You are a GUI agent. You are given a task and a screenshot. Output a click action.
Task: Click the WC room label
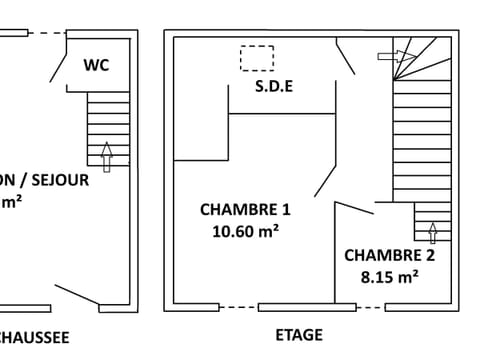pyautogui.click(x=96, y=66)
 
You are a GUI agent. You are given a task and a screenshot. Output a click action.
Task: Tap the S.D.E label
pyautogui.click(x=274, y=86)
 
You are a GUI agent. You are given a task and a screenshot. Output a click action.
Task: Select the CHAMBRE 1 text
pyautogui.click(x=245, y=210)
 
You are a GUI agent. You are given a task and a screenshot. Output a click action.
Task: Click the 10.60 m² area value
pyautogui.click(x=245, y=231)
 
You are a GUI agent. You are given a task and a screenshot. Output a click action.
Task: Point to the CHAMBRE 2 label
pyautogui.click(x=389, y=255)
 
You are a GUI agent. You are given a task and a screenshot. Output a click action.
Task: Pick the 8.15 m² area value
pyautogui.click(x=389, y=277)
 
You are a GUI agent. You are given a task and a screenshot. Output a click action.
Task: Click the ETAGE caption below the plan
pyautogui.click(x=299, y=335)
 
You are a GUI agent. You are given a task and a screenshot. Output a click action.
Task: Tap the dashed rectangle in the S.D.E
pyautogui.click(x=257, y=58)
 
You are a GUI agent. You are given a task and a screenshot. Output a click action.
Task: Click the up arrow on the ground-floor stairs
pyautogui.click(x=107, y=154)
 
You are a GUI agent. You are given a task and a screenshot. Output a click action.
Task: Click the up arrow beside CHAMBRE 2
pyautogui.click(x=432, y=233)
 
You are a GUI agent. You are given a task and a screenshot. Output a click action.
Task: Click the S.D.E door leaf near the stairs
pyautogui.click(x=346, y=56)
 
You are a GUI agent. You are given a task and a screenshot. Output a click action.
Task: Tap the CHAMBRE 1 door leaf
pyautogui.click(x=325, y=181)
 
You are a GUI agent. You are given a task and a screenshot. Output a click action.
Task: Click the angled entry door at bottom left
pyautogui.click(x=77, y=295)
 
